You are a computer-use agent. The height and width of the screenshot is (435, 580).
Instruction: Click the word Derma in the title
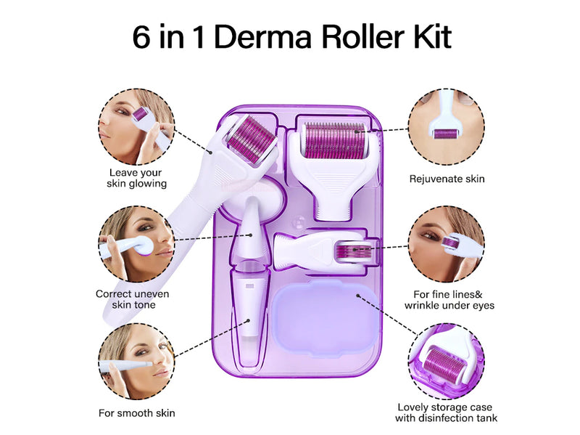click(x=262, y=37)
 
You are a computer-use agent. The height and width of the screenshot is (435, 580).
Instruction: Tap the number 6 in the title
click(x=141, y=37)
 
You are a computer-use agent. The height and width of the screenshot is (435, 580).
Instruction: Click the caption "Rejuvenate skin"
click(x=447, y=179)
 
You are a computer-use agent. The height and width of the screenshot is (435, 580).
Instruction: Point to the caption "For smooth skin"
click(x=136, y=412)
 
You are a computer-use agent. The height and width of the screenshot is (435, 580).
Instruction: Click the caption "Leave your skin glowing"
click(x=136, y=178)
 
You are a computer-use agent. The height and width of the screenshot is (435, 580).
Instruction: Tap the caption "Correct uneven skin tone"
click(x=133, y=299)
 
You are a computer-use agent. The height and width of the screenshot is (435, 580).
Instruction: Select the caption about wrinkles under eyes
click(x=449, y=300)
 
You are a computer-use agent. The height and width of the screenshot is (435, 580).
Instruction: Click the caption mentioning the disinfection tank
click(x=446, y=412)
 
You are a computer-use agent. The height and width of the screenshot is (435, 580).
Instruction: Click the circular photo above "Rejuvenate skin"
click(x=447, y=126)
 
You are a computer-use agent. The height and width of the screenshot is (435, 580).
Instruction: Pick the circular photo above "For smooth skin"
click(x=136, y=361)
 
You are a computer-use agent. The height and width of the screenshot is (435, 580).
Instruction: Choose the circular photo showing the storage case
click(x=447, y=361)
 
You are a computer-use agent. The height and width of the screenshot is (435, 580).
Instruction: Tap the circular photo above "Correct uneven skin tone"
click(x=136, y=244)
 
